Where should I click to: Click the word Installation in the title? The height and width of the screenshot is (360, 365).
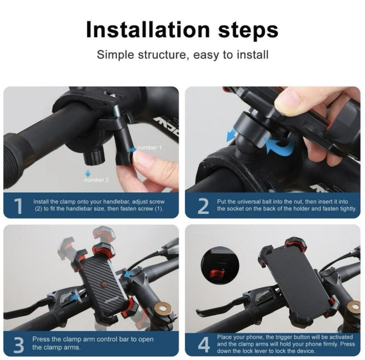[x=148, y=30]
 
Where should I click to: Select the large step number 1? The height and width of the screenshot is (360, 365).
[x=18, y=206]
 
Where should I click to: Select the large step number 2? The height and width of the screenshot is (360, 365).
[x=203, y=206]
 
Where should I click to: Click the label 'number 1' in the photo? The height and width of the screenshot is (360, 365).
[x=149, y=147]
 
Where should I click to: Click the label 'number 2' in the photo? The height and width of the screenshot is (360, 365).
[x=96, y=180]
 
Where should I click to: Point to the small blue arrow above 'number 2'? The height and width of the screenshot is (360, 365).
[x=88, y=173]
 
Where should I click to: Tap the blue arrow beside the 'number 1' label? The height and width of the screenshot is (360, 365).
[x=133, y=149]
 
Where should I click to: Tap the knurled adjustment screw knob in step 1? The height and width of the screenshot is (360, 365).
[x=94, y=157]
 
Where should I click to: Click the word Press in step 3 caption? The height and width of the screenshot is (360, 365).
[x=41, y=339]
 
